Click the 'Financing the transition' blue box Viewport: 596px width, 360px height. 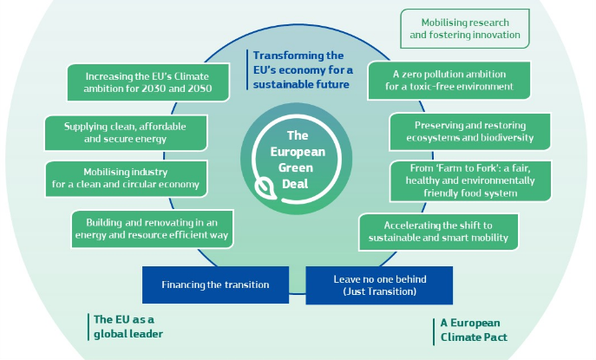click(x=215, y=285)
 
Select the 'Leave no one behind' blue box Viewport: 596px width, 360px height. click(x=379, y=285)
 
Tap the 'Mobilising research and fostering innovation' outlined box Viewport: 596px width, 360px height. click(x=464, y=29)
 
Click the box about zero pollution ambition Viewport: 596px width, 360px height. click(x=449, y=81)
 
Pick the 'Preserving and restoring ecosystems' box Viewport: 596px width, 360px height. click(x=470, y=132)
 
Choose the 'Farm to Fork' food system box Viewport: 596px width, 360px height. click(x=470, y=181)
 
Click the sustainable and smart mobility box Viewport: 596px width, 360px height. click(x=438, y=232)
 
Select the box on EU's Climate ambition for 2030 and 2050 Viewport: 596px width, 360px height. click(x=148, y=82)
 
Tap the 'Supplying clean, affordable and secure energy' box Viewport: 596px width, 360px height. click(x=126, y=133)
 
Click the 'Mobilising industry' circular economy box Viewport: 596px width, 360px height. click(x=126, y=179)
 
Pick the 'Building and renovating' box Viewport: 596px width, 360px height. click(x=152, y=229)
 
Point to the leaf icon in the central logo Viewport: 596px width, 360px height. click(x=265, y=189)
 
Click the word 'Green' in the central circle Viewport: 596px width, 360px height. click(x=295, y=167)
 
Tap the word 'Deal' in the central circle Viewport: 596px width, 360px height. click(x=295, y=184)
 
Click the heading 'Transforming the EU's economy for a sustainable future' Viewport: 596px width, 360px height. click(x=303, y=70)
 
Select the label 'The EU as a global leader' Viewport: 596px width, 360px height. click(x=128, y=326)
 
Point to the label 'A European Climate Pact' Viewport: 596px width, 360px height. click(x=474, y=330)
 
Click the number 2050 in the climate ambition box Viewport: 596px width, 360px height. click(x=200, y=88)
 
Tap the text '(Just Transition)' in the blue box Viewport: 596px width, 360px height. click(x=379, y=291)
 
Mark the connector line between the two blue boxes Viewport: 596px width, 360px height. click(x=298, y=293)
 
